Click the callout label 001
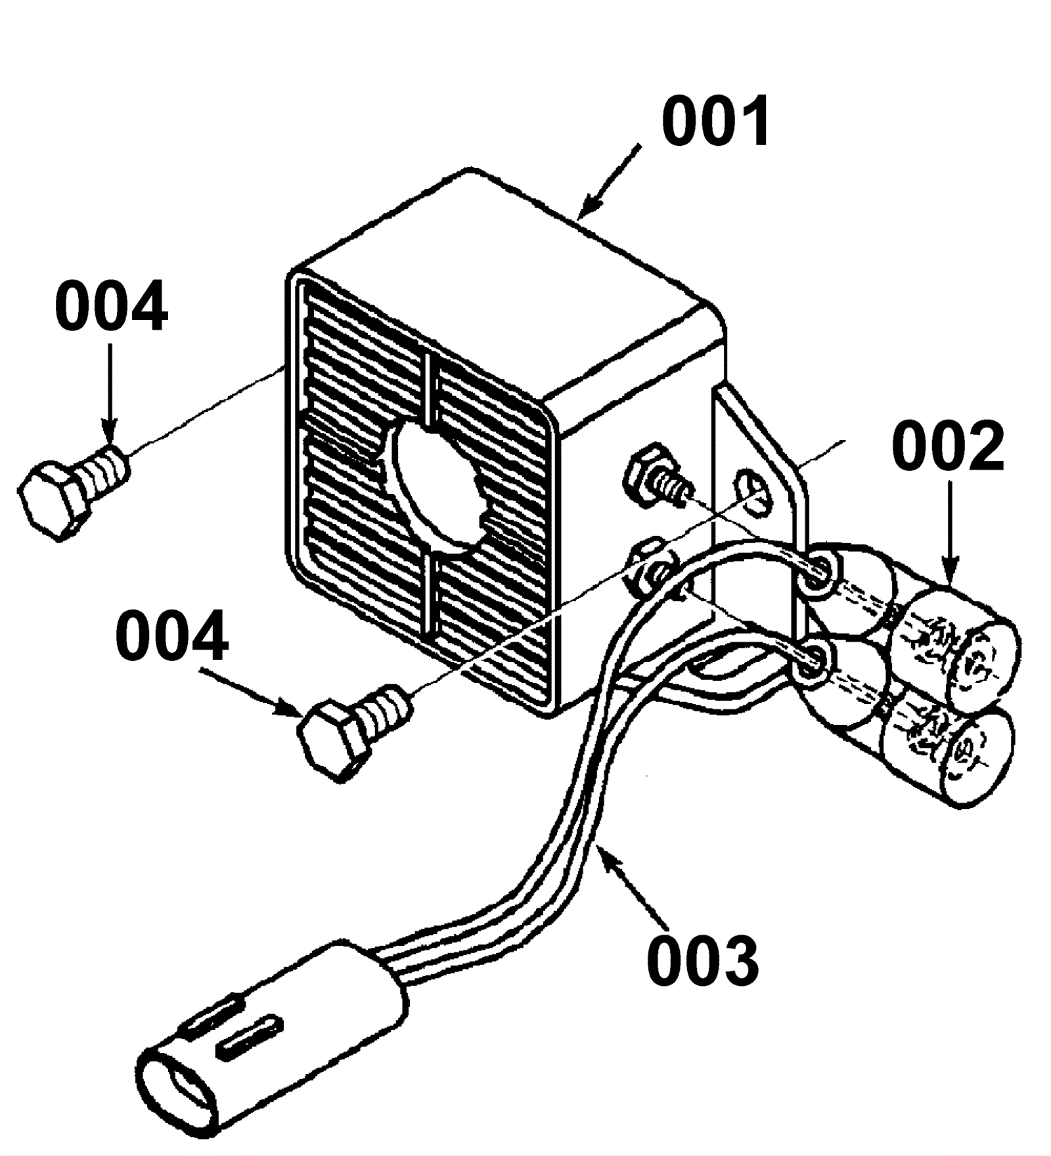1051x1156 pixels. (x=716, y=122)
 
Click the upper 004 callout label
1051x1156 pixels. (x=111, y=307)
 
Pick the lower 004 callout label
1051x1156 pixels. (x=172, y=636)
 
